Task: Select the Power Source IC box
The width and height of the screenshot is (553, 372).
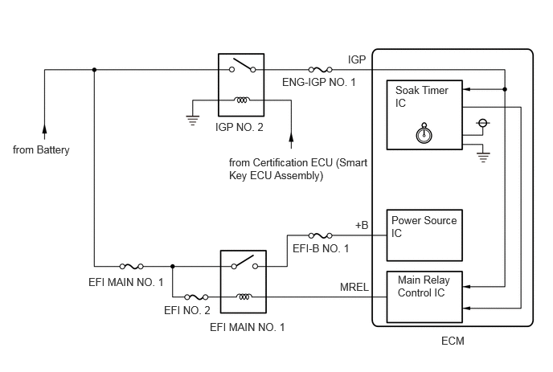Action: tap(426, 235)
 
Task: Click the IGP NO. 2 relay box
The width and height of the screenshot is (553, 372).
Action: tap(241, 85)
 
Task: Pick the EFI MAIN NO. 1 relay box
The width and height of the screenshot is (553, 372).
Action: tap(243, 281)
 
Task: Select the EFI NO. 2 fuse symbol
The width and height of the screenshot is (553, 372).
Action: tap(197, 296)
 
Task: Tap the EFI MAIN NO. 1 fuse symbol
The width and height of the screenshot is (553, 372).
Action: tap(131, 265)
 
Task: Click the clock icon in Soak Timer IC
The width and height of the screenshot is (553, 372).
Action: tap(424, 133)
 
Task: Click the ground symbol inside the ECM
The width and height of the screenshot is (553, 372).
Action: tap(483, 157)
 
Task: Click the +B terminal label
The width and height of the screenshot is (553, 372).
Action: tap(361, 225)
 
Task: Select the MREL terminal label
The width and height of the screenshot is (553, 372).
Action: tap(355, 288)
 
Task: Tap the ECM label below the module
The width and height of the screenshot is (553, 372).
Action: tap(453, 341)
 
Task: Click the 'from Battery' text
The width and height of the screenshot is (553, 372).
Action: tap(42, 150)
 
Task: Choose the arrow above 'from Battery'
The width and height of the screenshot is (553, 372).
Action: tap(45, 129)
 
